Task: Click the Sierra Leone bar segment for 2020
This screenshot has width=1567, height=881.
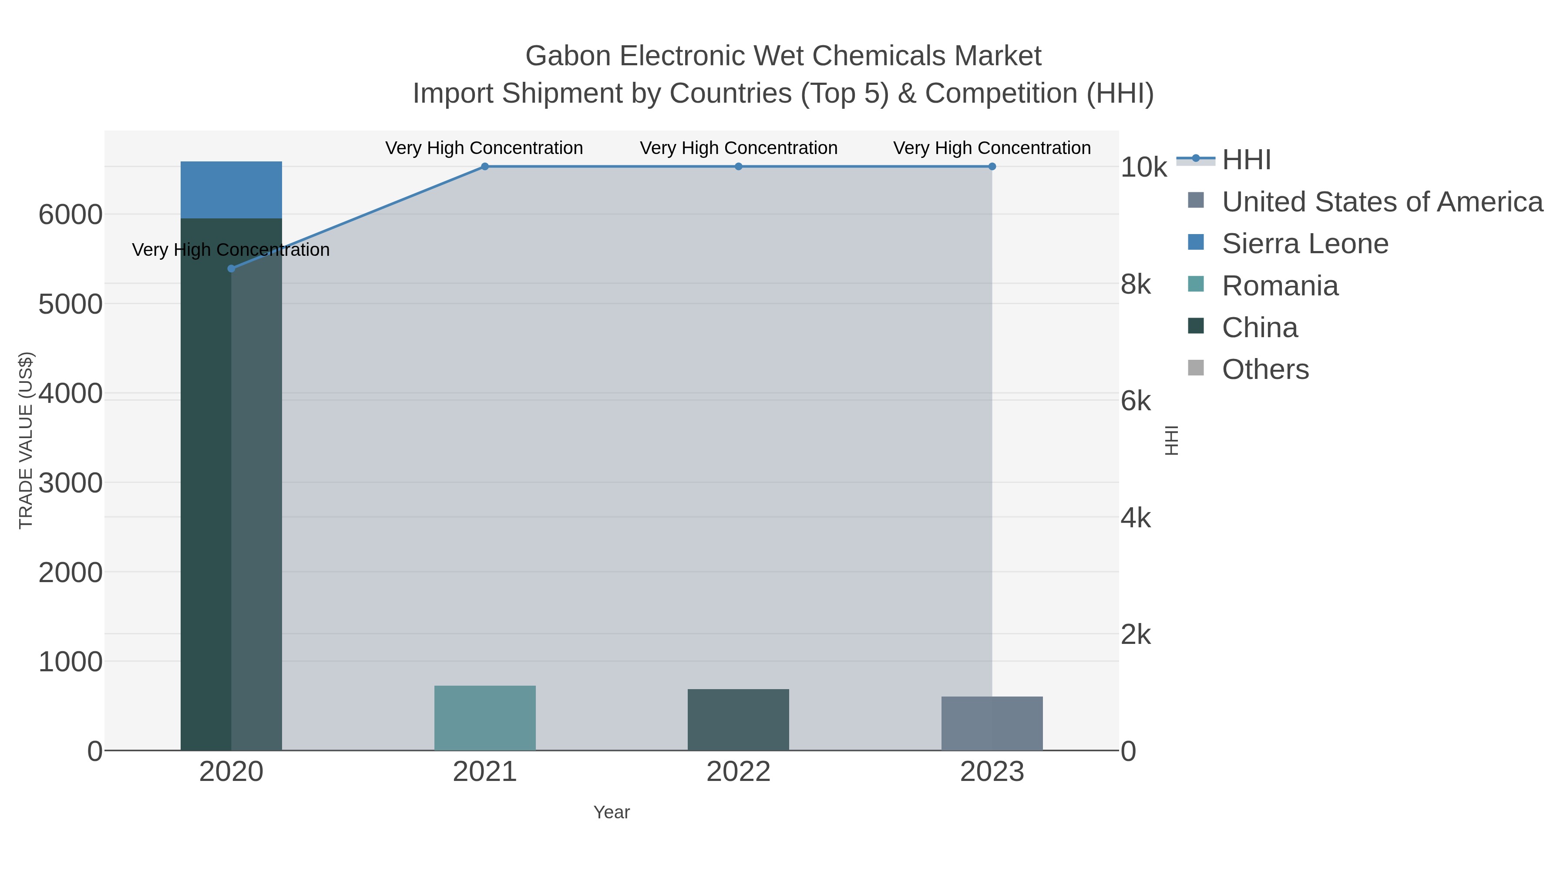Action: [231, 190]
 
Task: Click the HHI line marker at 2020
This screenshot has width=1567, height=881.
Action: [231, 268]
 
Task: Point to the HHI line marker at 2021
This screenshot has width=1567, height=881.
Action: [485, 167]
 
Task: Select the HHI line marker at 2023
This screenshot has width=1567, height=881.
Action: [992, 167]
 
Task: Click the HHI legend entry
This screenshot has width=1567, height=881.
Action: [1246, 160]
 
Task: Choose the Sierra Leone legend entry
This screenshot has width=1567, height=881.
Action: [1305, 244]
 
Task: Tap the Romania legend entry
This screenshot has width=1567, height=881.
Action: [1280, 286]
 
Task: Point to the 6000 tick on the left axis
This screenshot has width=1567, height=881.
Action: [70, 214]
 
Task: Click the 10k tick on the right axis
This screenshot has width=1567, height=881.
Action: [1143, 168]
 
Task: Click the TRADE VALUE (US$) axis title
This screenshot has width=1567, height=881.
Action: [26, 440]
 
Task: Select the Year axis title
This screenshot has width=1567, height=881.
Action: [612, 812]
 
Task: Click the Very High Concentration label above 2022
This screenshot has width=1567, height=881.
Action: [738, 148]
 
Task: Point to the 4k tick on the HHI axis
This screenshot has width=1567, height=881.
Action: [1136, 519]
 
